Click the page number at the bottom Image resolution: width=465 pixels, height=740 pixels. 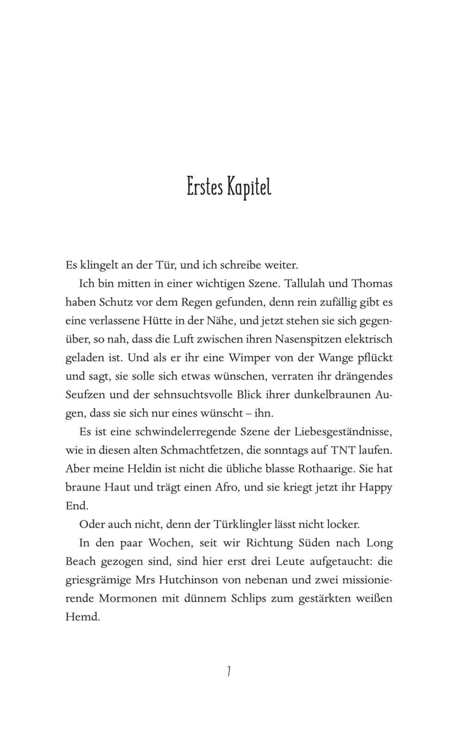coord(229,671)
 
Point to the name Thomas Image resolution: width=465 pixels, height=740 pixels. coord(372,284)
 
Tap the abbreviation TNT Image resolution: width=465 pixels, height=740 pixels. coord(343,450)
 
